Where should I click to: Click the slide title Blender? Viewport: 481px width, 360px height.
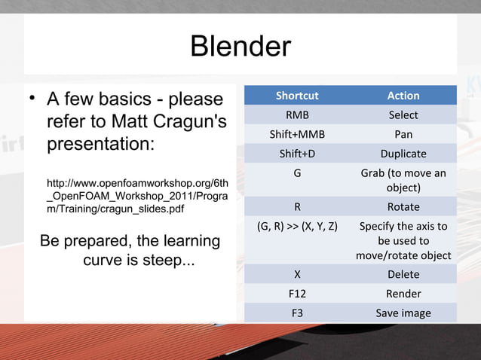tap(240, 47)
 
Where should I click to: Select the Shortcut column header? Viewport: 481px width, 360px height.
tap(297, 96)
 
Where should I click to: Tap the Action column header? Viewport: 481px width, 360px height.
tap(403, 96)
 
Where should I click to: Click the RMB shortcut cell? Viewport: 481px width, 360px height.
tap(297, 115)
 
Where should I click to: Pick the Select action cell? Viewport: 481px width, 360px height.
tap(403, 115)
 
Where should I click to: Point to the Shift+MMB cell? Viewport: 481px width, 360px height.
tap(297, 135)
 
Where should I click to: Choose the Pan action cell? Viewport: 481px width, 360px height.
tap(403, 135)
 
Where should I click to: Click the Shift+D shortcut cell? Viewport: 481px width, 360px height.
tap(297, 154)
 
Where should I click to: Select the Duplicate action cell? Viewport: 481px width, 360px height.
tap(403, 154)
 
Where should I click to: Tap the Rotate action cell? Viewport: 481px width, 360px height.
tap(403, 207)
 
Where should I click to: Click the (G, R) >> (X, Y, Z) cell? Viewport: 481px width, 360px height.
tap(297, 226)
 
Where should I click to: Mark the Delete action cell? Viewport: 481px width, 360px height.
tap(403, 275)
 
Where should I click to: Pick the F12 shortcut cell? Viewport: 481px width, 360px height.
tap(297, 294)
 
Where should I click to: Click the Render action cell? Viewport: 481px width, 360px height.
tap(403, 294)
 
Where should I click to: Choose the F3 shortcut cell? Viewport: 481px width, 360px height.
tap(297, 313)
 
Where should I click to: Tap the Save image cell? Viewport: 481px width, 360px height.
tap(403, 313)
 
